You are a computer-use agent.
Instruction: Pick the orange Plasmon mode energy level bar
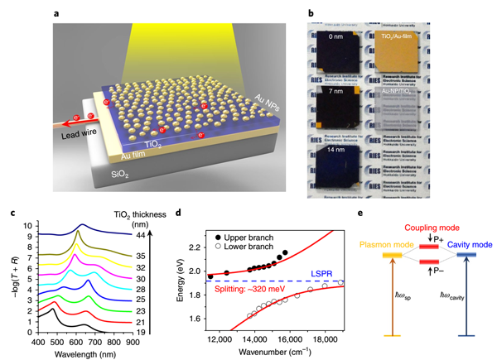pyautogui.click(x=391, y=256)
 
